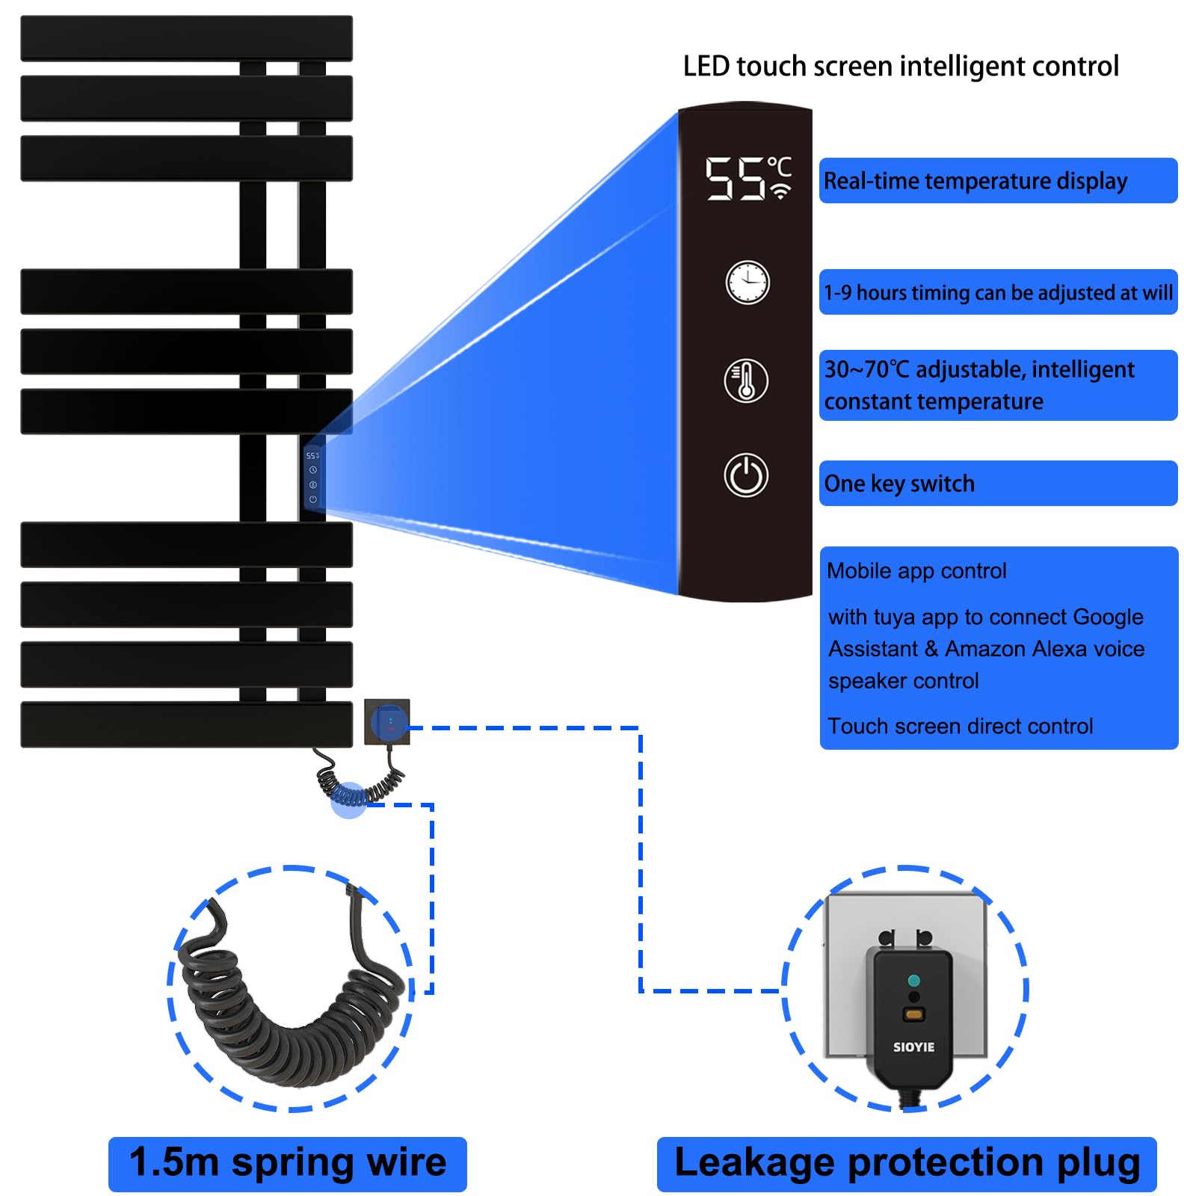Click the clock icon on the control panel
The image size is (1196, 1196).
747,283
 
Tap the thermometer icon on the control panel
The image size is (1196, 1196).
745,380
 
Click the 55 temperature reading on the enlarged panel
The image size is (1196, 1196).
735,179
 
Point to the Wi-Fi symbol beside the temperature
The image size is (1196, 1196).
780,191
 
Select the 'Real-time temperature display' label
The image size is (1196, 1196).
975,181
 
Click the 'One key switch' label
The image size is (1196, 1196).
899,484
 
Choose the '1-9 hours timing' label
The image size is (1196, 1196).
997,292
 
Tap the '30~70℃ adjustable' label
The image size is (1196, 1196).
979,370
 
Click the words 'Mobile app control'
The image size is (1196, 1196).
916,571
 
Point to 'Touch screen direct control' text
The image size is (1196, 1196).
960,727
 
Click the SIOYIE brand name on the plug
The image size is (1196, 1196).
913,1047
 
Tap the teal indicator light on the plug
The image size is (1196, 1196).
913,980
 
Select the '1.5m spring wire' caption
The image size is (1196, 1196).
288,1164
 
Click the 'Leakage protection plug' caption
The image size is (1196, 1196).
907,1164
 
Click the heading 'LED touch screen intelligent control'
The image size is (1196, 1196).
901,67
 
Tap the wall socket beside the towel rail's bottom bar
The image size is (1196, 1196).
387,721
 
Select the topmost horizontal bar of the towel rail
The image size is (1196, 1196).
186,38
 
